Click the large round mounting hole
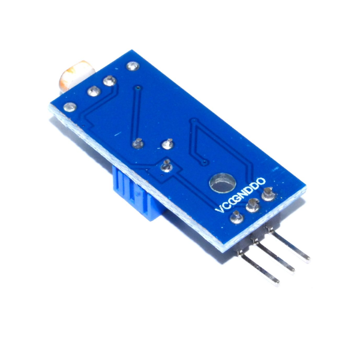click(x=223, y=183)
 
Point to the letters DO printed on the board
click(x=258, y=183)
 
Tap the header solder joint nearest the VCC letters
click(x=237, y=217)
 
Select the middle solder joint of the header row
click(x=253, y=205)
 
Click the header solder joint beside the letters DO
click(x=268, y=194)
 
